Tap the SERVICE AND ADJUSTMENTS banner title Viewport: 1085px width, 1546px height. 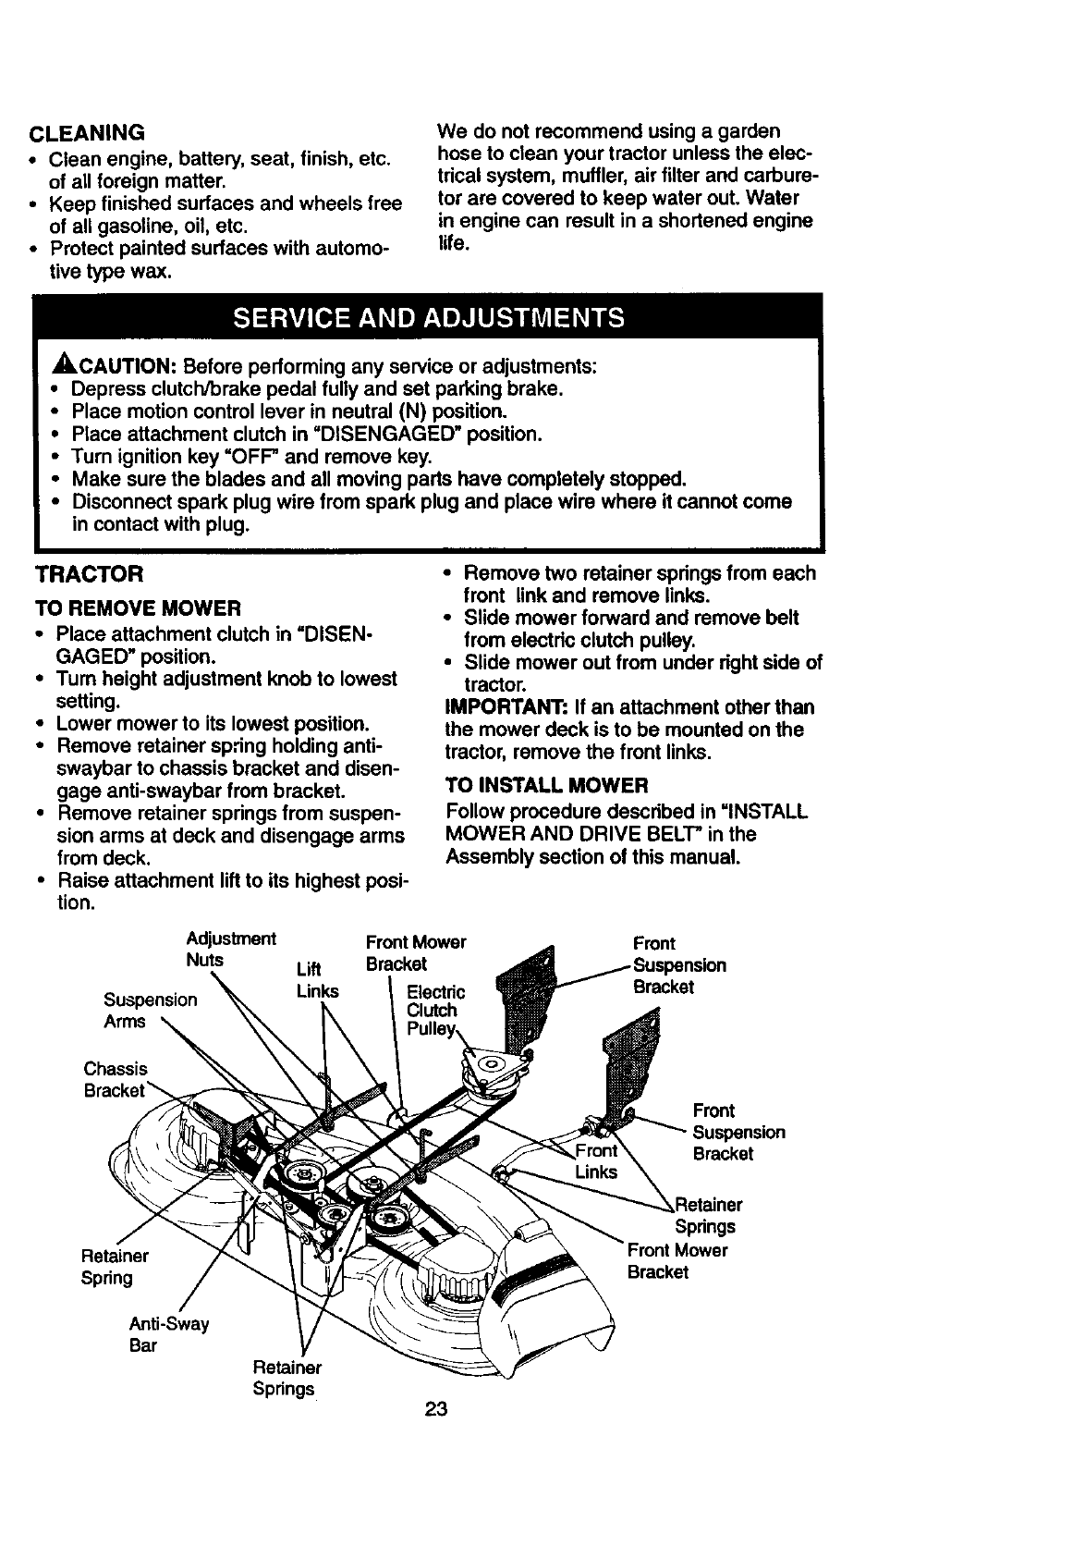tap(428, 318)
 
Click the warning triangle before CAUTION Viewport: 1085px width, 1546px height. tap(46, 366)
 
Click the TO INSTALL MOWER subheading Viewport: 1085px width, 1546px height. tap(546, 786)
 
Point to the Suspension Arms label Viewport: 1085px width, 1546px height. tap(150, 1011)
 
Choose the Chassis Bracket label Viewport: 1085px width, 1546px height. tap(116, 1079)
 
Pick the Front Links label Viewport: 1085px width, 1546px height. tap(596, 1161)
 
